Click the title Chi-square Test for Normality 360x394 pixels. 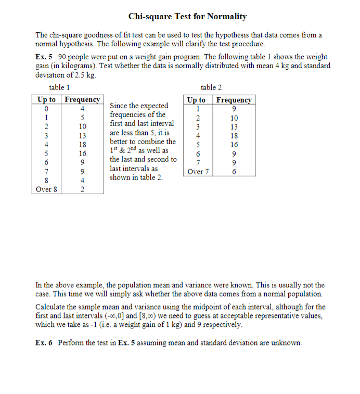(x=187, y=17)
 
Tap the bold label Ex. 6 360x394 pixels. (x=43, y=342)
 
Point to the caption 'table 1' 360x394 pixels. (x=59, y=88)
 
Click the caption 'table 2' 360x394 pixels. (x=211, y=88)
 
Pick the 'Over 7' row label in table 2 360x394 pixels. (x=196, y=171)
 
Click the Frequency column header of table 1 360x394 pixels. (x=82, y=99)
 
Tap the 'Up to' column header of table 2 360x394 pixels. (x=196, y=100)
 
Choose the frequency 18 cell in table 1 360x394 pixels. (x=82, y=144)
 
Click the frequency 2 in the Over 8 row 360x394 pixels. (x=82, y=189)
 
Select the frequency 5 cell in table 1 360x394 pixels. (x=82, y=118)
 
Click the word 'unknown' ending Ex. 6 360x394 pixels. (x=287, y=342)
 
